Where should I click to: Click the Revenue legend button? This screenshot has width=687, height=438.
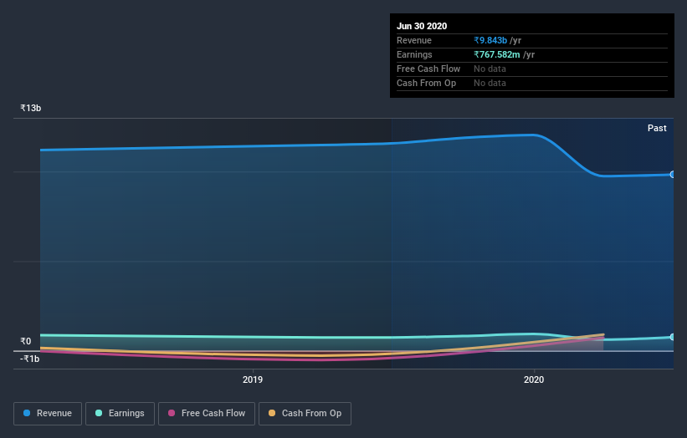click(49, 413)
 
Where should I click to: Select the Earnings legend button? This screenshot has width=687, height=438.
click(120, 413)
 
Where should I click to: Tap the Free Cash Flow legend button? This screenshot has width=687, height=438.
click(207, 413)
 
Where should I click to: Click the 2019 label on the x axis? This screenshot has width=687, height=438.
click(253, 380)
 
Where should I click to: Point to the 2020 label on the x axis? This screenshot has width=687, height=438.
click(534, 380)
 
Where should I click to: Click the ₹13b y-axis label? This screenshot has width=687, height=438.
click(31, 109)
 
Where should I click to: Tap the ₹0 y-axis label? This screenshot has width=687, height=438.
click(27, 341)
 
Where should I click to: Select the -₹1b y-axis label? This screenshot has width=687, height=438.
click(30, 359)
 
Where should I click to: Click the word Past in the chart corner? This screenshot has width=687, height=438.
click(657, 128)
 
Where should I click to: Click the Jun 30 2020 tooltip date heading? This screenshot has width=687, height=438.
click(422, 26)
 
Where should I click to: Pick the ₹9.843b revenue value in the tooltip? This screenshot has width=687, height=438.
click(497, 40)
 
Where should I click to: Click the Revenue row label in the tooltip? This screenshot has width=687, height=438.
click(414, 40)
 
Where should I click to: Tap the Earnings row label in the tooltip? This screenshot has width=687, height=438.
click(414, 54)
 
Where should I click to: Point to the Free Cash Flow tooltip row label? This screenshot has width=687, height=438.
click(428, 69)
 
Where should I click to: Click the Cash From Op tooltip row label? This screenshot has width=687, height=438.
click(426, 83)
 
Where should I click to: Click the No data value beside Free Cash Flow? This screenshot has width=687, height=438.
click(490, 69)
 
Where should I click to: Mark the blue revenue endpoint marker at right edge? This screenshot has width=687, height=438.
click(672, 174)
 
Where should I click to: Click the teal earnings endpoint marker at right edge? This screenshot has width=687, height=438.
click(672, 337)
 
